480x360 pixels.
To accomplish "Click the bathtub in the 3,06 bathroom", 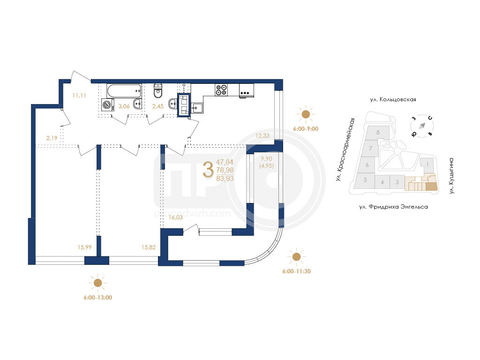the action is click(124, 91).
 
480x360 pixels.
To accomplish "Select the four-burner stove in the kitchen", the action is click(221, 90).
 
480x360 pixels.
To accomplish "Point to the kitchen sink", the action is click(197, 108).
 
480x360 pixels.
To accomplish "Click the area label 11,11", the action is click(79, 96).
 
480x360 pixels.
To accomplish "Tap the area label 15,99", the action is click(84, 247).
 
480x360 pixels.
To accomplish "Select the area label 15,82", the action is click(149, 247).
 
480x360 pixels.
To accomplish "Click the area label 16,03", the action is click(176, 217).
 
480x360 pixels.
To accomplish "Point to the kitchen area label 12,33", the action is click(262, 136).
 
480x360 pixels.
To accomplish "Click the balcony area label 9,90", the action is click(266, 158).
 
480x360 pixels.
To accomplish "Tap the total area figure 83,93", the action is click(225, 179).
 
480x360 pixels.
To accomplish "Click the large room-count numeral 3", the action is click(208, 170).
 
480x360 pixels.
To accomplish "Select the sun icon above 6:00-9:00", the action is click(306, 114).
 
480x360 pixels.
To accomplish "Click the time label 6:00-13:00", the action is click(98, 298).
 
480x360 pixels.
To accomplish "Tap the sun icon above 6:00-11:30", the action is click(296, 256).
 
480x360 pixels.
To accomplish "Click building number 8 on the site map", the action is click(378, 133).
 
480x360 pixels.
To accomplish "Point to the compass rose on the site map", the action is click(422, 126).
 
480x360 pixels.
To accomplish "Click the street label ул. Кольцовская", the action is click(393, 99).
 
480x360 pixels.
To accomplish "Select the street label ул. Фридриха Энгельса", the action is click(394, 207).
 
